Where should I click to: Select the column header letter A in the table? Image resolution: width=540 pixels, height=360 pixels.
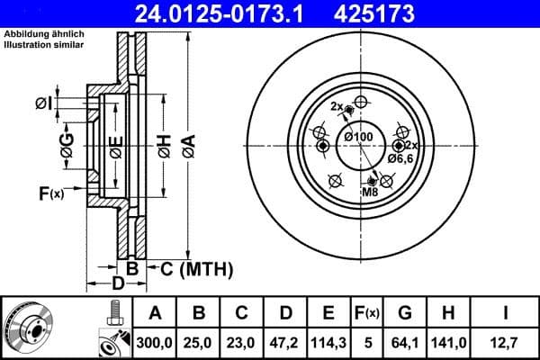pos(156,312)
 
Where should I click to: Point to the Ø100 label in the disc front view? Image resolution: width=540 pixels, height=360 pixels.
pos(358,136)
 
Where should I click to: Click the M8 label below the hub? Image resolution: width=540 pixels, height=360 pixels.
pos(370,193)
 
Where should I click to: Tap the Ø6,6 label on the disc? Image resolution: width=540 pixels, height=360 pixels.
pos(400,158)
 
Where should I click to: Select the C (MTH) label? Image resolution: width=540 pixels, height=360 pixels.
pos(194,268)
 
